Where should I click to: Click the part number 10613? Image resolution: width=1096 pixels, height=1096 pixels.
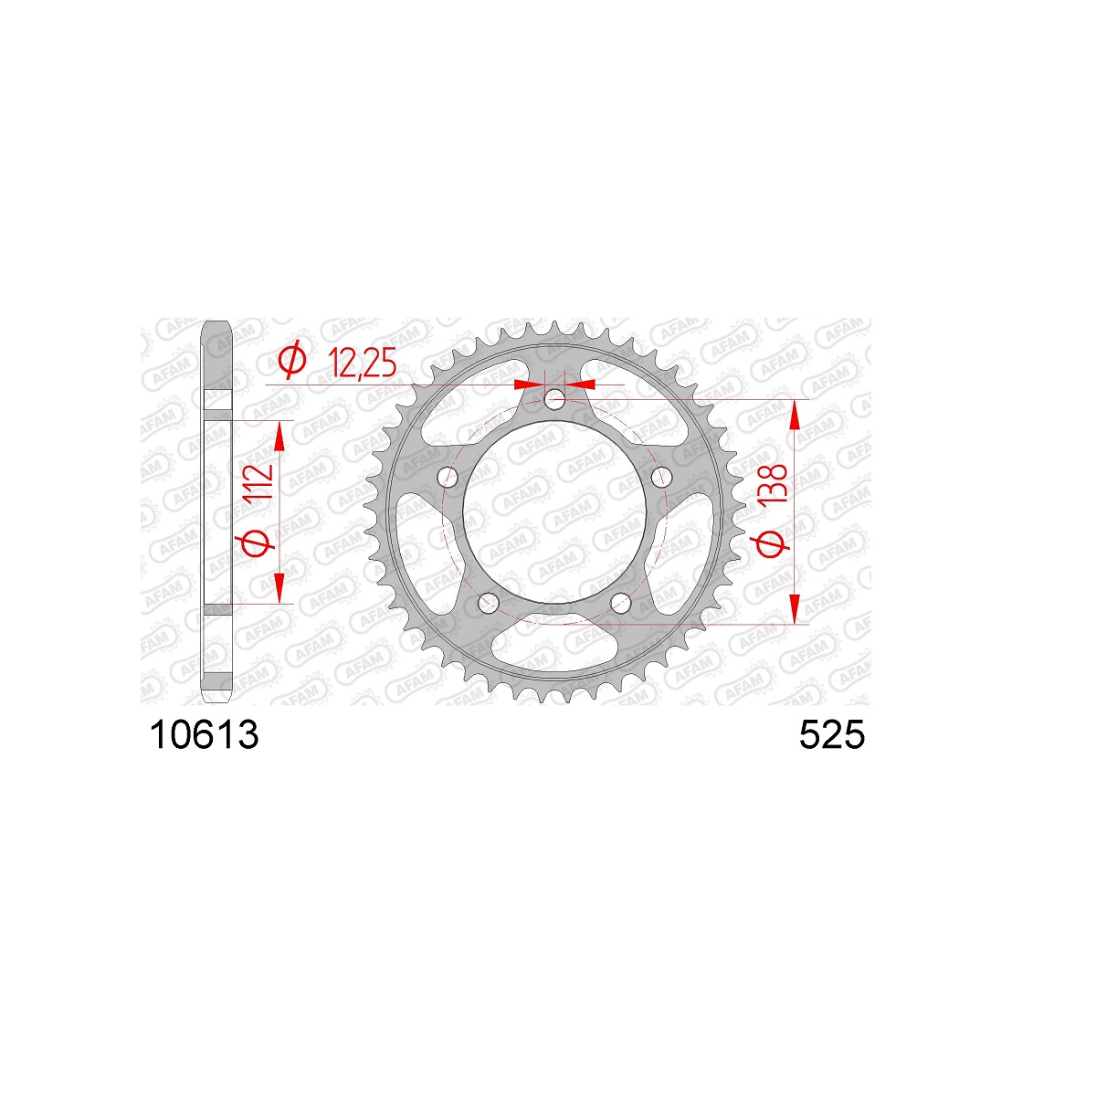205,734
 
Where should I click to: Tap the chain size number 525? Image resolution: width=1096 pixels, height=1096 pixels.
831,734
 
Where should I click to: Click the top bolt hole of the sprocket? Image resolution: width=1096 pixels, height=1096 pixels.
554,400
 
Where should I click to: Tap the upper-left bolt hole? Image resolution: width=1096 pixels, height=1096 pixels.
449,477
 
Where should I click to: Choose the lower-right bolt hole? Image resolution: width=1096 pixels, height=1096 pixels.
620,601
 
